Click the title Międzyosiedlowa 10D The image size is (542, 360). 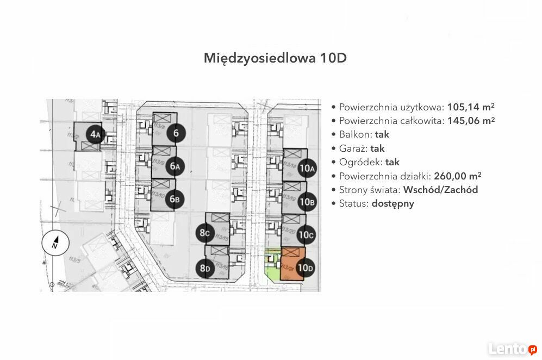coord(275,58)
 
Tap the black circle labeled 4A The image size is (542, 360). coord(96,134)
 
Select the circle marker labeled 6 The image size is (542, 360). coord(176,133)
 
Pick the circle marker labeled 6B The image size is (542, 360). coord(175,200)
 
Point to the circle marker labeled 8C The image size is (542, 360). coord(205,234)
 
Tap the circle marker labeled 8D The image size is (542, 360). coord(205,268)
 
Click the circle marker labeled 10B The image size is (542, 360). coord(307,202)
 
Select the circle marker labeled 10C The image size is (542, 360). coord(307,235)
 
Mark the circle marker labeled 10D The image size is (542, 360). coord(306,268)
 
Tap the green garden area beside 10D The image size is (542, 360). coord(271,266)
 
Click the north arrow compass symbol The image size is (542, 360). coord(55,243)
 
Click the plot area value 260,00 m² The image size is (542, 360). coord(457,176)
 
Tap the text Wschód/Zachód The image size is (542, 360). coord(441,190)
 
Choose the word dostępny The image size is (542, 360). coord(393,204)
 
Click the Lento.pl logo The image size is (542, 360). coord(512,349)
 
